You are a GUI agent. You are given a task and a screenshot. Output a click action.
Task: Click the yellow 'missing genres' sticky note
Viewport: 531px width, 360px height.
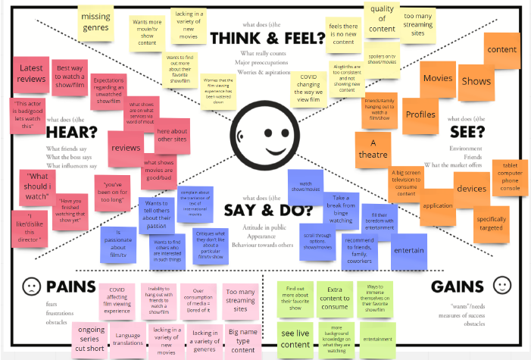click(95, 22)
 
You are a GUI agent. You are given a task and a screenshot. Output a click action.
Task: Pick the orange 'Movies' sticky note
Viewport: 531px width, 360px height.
click(438, 78)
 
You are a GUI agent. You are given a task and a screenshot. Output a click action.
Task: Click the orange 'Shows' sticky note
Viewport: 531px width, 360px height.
click(476, 80)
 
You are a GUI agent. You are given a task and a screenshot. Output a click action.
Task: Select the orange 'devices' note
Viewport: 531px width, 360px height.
click(472, 186)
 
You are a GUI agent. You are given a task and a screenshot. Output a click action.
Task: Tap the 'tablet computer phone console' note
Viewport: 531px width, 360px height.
click(510, 177)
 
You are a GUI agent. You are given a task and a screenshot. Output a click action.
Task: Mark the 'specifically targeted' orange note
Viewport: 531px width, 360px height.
click(492, 224)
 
